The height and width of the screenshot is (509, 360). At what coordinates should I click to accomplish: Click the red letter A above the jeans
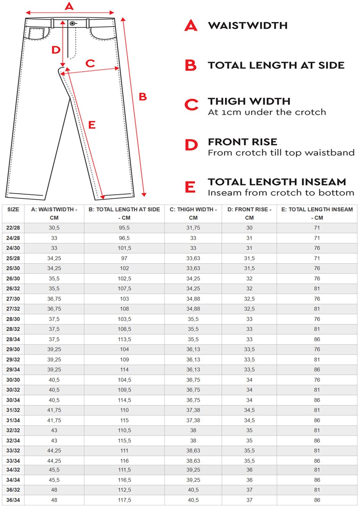pyautogui.click(x=69, y=6)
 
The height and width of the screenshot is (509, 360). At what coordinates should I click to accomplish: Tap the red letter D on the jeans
pyautogui.click(x=56, y=50)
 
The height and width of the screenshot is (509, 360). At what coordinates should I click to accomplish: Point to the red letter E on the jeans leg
pyautogui.click(x=92, y=125)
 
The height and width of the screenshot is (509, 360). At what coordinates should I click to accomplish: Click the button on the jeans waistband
pyautogui.click(x=72, y=23)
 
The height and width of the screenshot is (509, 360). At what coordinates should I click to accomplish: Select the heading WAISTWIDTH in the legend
pyautogui.click(x=248, y=26)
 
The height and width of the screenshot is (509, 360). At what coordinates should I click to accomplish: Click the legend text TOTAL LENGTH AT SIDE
pyautogui.click(x=276, y=65)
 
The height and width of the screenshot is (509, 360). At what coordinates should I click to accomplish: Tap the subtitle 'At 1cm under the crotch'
pyautogui.click(x=267, y=112)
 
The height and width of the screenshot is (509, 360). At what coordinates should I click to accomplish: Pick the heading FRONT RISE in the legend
pyautogui.click(x=242, y=142)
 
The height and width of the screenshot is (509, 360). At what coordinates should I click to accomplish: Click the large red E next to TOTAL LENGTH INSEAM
pyautogui.click(x=190, y=187)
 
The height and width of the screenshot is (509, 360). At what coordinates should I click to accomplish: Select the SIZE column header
pyautogui.click(x=13, y=210)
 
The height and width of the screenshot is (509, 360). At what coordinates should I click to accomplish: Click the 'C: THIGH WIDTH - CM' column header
pyautogui.click(x=193, y=213)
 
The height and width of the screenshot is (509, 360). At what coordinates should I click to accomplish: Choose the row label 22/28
pyautogui.click(x=13, y=228)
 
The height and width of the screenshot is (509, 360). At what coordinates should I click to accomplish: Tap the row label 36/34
pyautogui.click(x=13, y=500)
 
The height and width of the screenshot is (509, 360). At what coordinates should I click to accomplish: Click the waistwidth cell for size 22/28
pyautogui.click(x=54, y=228)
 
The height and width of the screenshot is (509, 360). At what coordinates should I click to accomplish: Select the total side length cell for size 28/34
pyautogui.click(x=124, y=339)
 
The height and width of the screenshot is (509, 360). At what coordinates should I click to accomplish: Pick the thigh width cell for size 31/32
pyautogui.click(x=193, y=410)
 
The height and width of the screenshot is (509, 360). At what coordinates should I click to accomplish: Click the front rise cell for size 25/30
pyautogui.click(x=249, y=268)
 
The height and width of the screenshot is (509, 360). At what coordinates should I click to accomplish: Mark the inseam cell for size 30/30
pyautogui.click(x=317, y=380)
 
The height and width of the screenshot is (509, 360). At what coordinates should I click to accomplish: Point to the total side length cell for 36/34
pyautogui.click(x=124, y=500)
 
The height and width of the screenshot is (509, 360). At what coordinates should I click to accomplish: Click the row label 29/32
pyautogui.click(x=13, y=360)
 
